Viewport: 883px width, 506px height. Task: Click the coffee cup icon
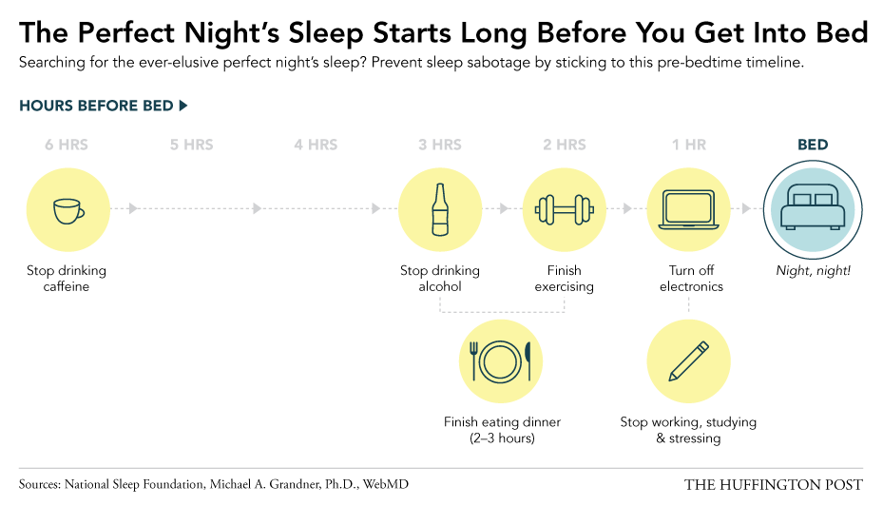point(67,210)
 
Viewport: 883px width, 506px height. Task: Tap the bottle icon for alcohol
point(440,209)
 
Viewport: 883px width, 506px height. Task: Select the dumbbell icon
point(565,208)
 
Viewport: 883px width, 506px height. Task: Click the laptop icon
point(688,208)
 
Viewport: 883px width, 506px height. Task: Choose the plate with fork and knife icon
point(502,361)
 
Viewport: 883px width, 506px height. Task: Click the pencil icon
point(688,361)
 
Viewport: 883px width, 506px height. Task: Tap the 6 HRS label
point(67,146)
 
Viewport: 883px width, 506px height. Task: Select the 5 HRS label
point(192,146)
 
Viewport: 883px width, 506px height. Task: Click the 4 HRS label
point(316,146)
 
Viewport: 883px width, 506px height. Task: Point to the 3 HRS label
point(440,146)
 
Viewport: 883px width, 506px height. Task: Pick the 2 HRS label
point(565,146)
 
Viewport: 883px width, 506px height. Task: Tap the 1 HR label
point(689,146)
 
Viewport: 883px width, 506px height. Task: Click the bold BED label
point(813,146)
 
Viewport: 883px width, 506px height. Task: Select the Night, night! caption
point(813,271)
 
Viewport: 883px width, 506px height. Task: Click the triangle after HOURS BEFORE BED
point(182,106)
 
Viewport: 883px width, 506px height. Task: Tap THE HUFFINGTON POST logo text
point(773,485)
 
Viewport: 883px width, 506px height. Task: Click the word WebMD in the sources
point(385,484)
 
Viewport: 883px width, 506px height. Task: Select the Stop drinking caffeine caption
point(67,279)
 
